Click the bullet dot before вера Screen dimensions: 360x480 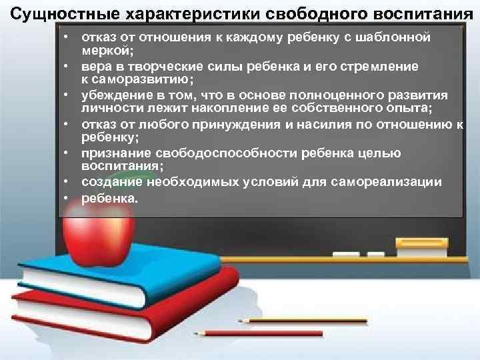click(69, 67)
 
